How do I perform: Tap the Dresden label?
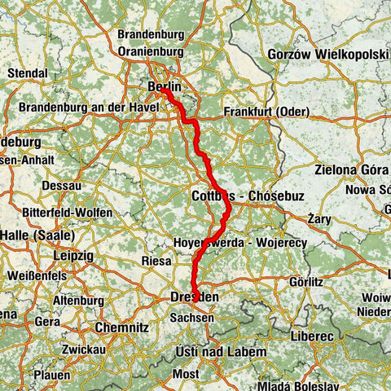[194, 299]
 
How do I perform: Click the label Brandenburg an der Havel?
[84, 108]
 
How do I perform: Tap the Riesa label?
[156, 261]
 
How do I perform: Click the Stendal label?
[28, 72]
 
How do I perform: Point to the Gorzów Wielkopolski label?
[328, 55]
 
